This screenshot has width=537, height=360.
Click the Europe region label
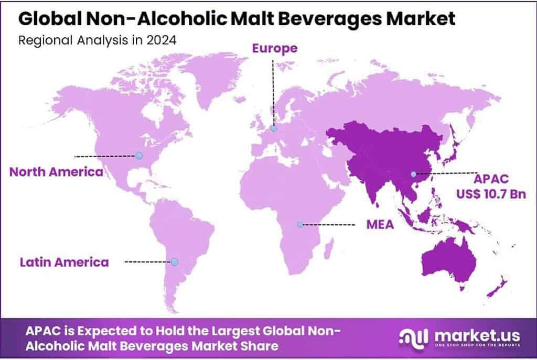point(275,49)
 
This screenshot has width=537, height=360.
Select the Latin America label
point(64,261)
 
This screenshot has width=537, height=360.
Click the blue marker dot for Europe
point(273,128)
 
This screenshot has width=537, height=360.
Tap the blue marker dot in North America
point(138,155)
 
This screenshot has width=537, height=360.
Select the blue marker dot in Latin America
point(174,261)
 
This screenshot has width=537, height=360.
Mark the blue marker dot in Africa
point(299,224)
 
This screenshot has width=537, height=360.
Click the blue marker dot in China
point(413,174)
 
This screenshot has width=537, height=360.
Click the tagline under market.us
point(477,345)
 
